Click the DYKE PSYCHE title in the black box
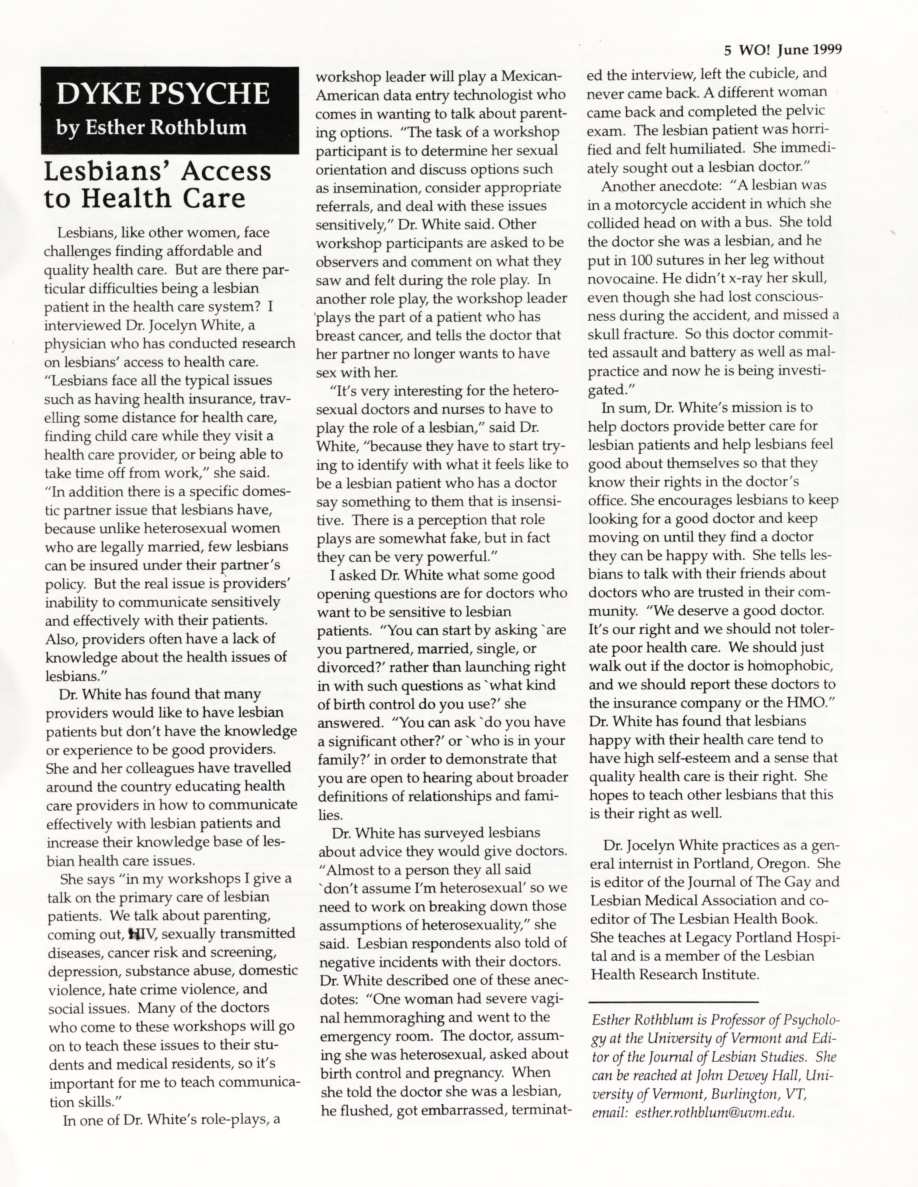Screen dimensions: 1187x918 [x=163, y=94]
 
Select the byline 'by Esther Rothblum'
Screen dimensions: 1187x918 [x=151, y=128]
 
